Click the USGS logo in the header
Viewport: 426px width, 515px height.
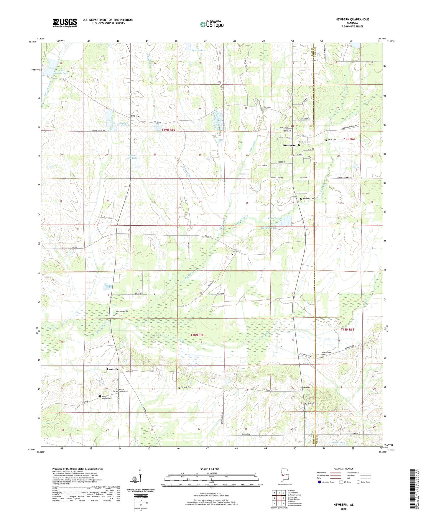click(x=65, y=23)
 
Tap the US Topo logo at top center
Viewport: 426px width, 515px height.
click(x=211, y=24)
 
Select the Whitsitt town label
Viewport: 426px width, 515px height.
click(x=136, y=116)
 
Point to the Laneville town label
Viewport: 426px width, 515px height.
click(x=113, y=369)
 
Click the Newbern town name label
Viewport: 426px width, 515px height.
click(x=289, y=145)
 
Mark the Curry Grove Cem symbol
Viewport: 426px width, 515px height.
click(x=232, y=254)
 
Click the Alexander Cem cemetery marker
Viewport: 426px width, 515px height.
click(x=116, y=314)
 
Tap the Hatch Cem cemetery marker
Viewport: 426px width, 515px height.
click(x=326, y=140)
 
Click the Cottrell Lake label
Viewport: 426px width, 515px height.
click(x=336, y=443)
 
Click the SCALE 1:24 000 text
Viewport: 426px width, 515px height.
click(x=211, y=469)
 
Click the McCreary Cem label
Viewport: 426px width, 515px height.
click(x=309, y=199)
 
